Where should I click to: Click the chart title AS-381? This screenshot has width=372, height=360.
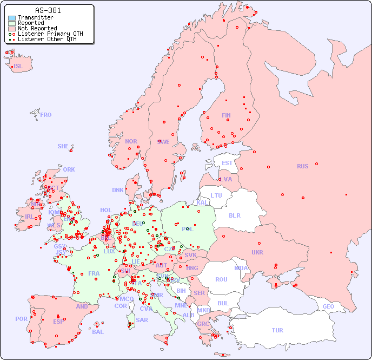pyautogui.click(x=48, y=10)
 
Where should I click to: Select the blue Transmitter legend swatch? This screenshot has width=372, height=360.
pyautogui.click(x=12, y=18)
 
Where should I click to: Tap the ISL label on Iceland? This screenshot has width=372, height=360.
pyautogui.click(x=18, y=67)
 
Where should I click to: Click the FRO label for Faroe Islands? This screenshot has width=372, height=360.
pyautogui.click(x=46, y=115)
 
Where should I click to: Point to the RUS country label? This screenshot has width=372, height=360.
pyautogui.click(x=302, y=166)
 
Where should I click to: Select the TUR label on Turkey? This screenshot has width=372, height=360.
pyautogui.click(x=277, y=330)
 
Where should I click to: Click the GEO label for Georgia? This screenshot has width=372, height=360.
pyautogui.click(x=328, y=306)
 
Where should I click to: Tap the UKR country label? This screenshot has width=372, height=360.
pyautogui.click(x=257, y=252)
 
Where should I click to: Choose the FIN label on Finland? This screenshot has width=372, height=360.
pyautogui.click(x=226, y=115)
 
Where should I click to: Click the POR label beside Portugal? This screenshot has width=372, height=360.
pyautogui.click(x=21, y=319)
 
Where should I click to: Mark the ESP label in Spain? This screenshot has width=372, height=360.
pyautogui.click(x=58, y=322)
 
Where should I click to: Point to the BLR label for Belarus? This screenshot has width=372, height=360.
pyautogui.click(x=234, y=215)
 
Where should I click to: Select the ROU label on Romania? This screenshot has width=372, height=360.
pyautogui.click(x=221, y=279)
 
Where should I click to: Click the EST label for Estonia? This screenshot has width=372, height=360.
pyautogui.click(x=227, y=163)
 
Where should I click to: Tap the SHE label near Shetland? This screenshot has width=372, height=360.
pyautogui.click(x=63, y=146)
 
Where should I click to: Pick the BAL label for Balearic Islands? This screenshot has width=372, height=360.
pyautogui.click(x=98, y=332)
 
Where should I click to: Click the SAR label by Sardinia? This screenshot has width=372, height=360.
pyautogui.click(x=142, y=319)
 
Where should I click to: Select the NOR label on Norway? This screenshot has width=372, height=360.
pyautogui.click(x=131, y=141)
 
